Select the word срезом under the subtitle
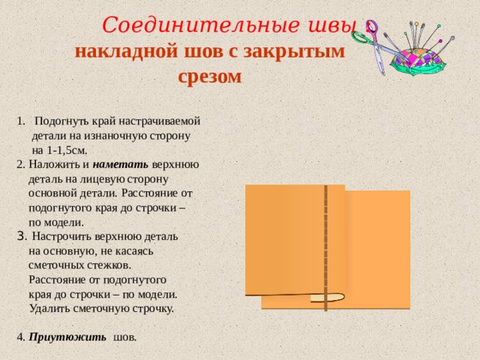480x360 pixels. tap(210, 76)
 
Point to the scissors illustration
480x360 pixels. tap(382, 45)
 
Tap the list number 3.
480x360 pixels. tap(21, 236)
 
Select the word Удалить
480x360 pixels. tap(50, 307)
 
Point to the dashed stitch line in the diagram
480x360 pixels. tap(325, 240)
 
